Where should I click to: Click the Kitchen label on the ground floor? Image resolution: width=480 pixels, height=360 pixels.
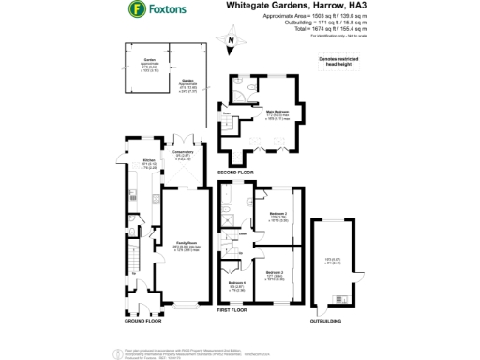point(148,161)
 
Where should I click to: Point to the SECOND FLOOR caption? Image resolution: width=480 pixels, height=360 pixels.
point(236,173)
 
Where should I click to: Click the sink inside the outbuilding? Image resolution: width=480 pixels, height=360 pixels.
point(338,300)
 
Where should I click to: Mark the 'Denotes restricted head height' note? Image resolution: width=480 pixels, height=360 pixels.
point(340,62)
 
